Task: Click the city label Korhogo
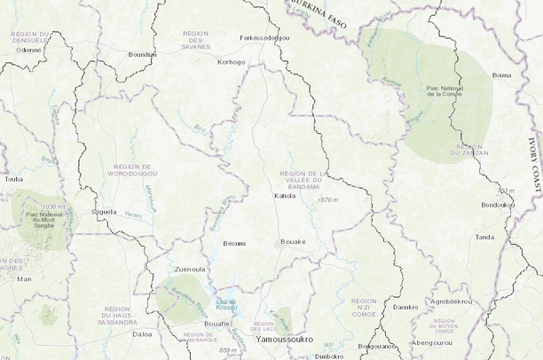pyautogui.click(x=231, y=62)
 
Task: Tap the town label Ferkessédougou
pyautogui.click(x=264, y=38)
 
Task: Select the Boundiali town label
pyautogui.click(x=142, y=54)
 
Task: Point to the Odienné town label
pyautogui.click(x=29, y=50)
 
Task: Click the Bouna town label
pyautogui.click(x=501, y=75)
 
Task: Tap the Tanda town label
pyautogui.click(x=485, y=237)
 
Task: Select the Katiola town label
pyautogui.click(x=285, y=195)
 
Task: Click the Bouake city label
pyautogui.click(x=293, y=241)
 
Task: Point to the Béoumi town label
pyautogui.click(x=235, y=242)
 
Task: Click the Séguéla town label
pyautogui.click(x=105, y=212)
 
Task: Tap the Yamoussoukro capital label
pyautogui.click(x=284, y=340)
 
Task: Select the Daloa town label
pyautogui.click(x=142, y=334)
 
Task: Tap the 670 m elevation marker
pyautogui.click(x=328, y=200)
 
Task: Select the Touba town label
pyautogui.click(x=13, y=178)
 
